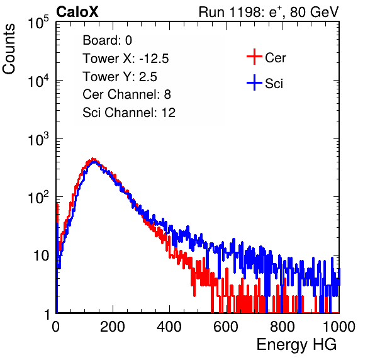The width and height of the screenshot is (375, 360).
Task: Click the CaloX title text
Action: click(77, 12)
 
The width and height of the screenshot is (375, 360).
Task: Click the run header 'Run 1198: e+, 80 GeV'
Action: click(269, 12)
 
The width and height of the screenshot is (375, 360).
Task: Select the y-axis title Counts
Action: click(9, 49)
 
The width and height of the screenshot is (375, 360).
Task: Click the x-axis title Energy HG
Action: click(296, 345)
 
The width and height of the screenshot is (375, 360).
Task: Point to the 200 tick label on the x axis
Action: click(113, 327)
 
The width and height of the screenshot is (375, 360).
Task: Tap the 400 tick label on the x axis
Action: click(169, 327)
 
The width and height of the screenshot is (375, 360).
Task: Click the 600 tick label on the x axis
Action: click(226, 327)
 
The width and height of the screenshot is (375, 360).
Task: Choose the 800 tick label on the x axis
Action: click(283, 327)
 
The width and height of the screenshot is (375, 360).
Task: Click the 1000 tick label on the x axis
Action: click(339, 327)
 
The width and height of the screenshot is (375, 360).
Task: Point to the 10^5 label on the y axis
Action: click(38, 23)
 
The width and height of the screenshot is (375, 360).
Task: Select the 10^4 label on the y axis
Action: click(38, 81)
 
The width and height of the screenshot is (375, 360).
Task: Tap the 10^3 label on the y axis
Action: click(38, 140)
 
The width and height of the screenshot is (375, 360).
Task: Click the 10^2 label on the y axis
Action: click(38, 198)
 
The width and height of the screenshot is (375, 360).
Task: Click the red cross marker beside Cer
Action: click(254, 57)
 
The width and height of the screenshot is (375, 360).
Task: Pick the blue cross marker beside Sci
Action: click(254, 83)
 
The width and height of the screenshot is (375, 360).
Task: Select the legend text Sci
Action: click(274, 84)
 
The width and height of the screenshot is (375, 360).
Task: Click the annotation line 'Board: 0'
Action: click(107, 40)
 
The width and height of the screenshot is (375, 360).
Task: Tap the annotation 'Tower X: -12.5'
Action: click(126, 59)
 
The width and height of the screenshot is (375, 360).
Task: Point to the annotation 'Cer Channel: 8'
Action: click(126, 94)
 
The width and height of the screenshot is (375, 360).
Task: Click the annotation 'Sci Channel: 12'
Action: click(129, 113)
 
